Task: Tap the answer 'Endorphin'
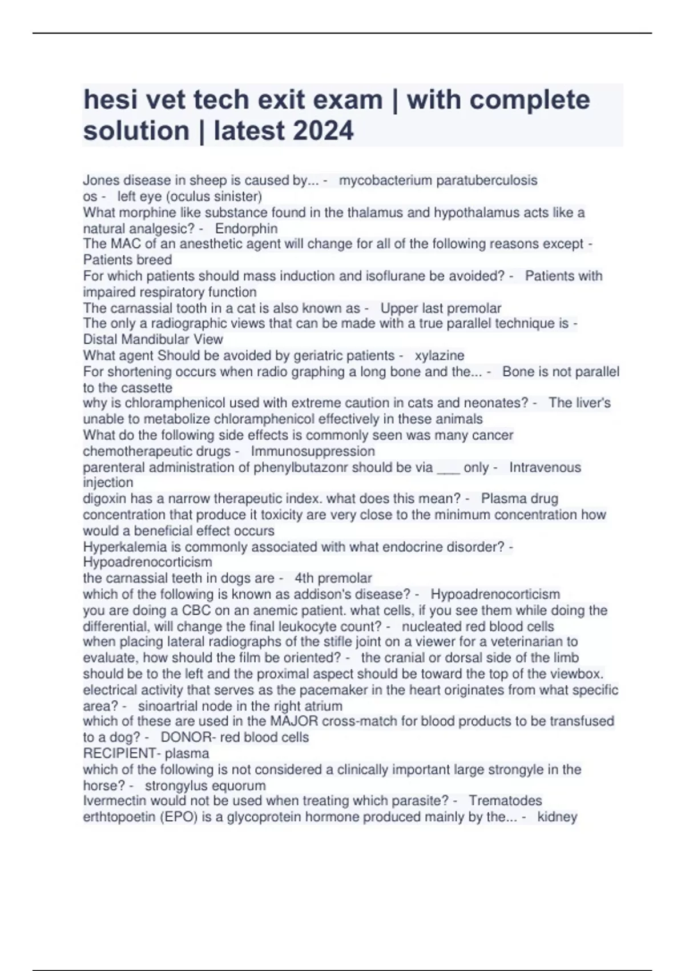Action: [247, 228]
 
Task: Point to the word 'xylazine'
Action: [440, 355]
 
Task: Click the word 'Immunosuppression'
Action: [313, 451]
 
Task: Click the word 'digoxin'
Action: [104, 499]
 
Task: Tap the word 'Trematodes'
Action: [505, 800]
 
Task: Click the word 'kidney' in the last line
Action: [557, 817]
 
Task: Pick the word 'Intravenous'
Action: [545, 467]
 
